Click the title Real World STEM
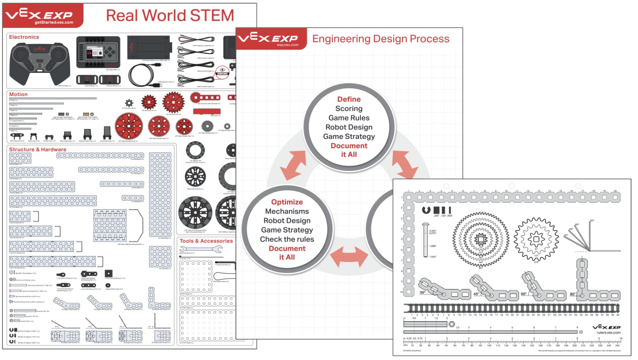pos(170,16)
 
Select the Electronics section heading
pos(24,37)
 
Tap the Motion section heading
pos(18,94)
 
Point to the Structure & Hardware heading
pos(38,149)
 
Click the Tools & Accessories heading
pos(206,241)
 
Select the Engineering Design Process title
pos(381,39)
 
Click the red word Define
pos(349,99)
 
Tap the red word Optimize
pos(287,202)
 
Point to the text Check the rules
pos(287,239)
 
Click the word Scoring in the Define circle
pos(349,109)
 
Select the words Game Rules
pos(349,118)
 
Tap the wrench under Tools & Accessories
pos(201,249)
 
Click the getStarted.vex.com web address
pos(54,23)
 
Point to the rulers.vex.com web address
pos(609,332)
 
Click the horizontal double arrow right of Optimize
pos(349,257)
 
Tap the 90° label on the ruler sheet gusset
pos(572,294)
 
